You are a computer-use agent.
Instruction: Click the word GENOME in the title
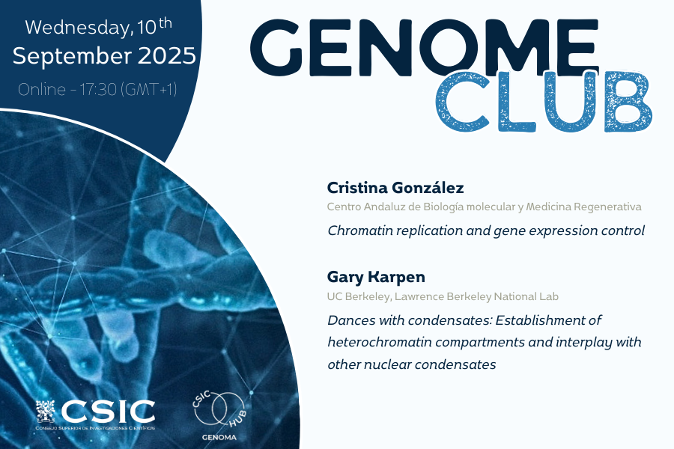click(x=425, y=47)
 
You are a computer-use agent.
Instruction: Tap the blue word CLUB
click(x=544, y=103)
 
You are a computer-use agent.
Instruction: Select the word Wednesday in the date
click(x=77, y=28)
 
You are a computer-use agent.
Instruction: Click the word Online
click(x=42, y=89)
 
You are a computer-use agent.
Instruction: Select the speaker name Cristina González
click(x=395, y=188)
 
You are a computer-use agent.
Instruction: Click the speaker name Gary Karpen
click(x=376, y=277)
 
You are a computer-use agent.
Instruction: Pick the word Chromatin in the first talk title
click(x=360, y=230)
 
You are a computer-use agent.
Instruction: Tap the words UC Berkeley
click(x=358, y=296)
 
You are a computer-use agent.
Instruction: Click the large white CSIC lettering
click(x=108, y=412)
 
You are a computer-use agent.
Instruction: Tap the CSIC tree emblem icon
click(x=46, y=411)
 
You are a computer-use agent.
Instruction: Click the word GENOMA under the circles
click(x=219, y=437)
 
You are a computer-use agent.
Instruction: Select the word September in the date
click(x=72, y=57)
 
